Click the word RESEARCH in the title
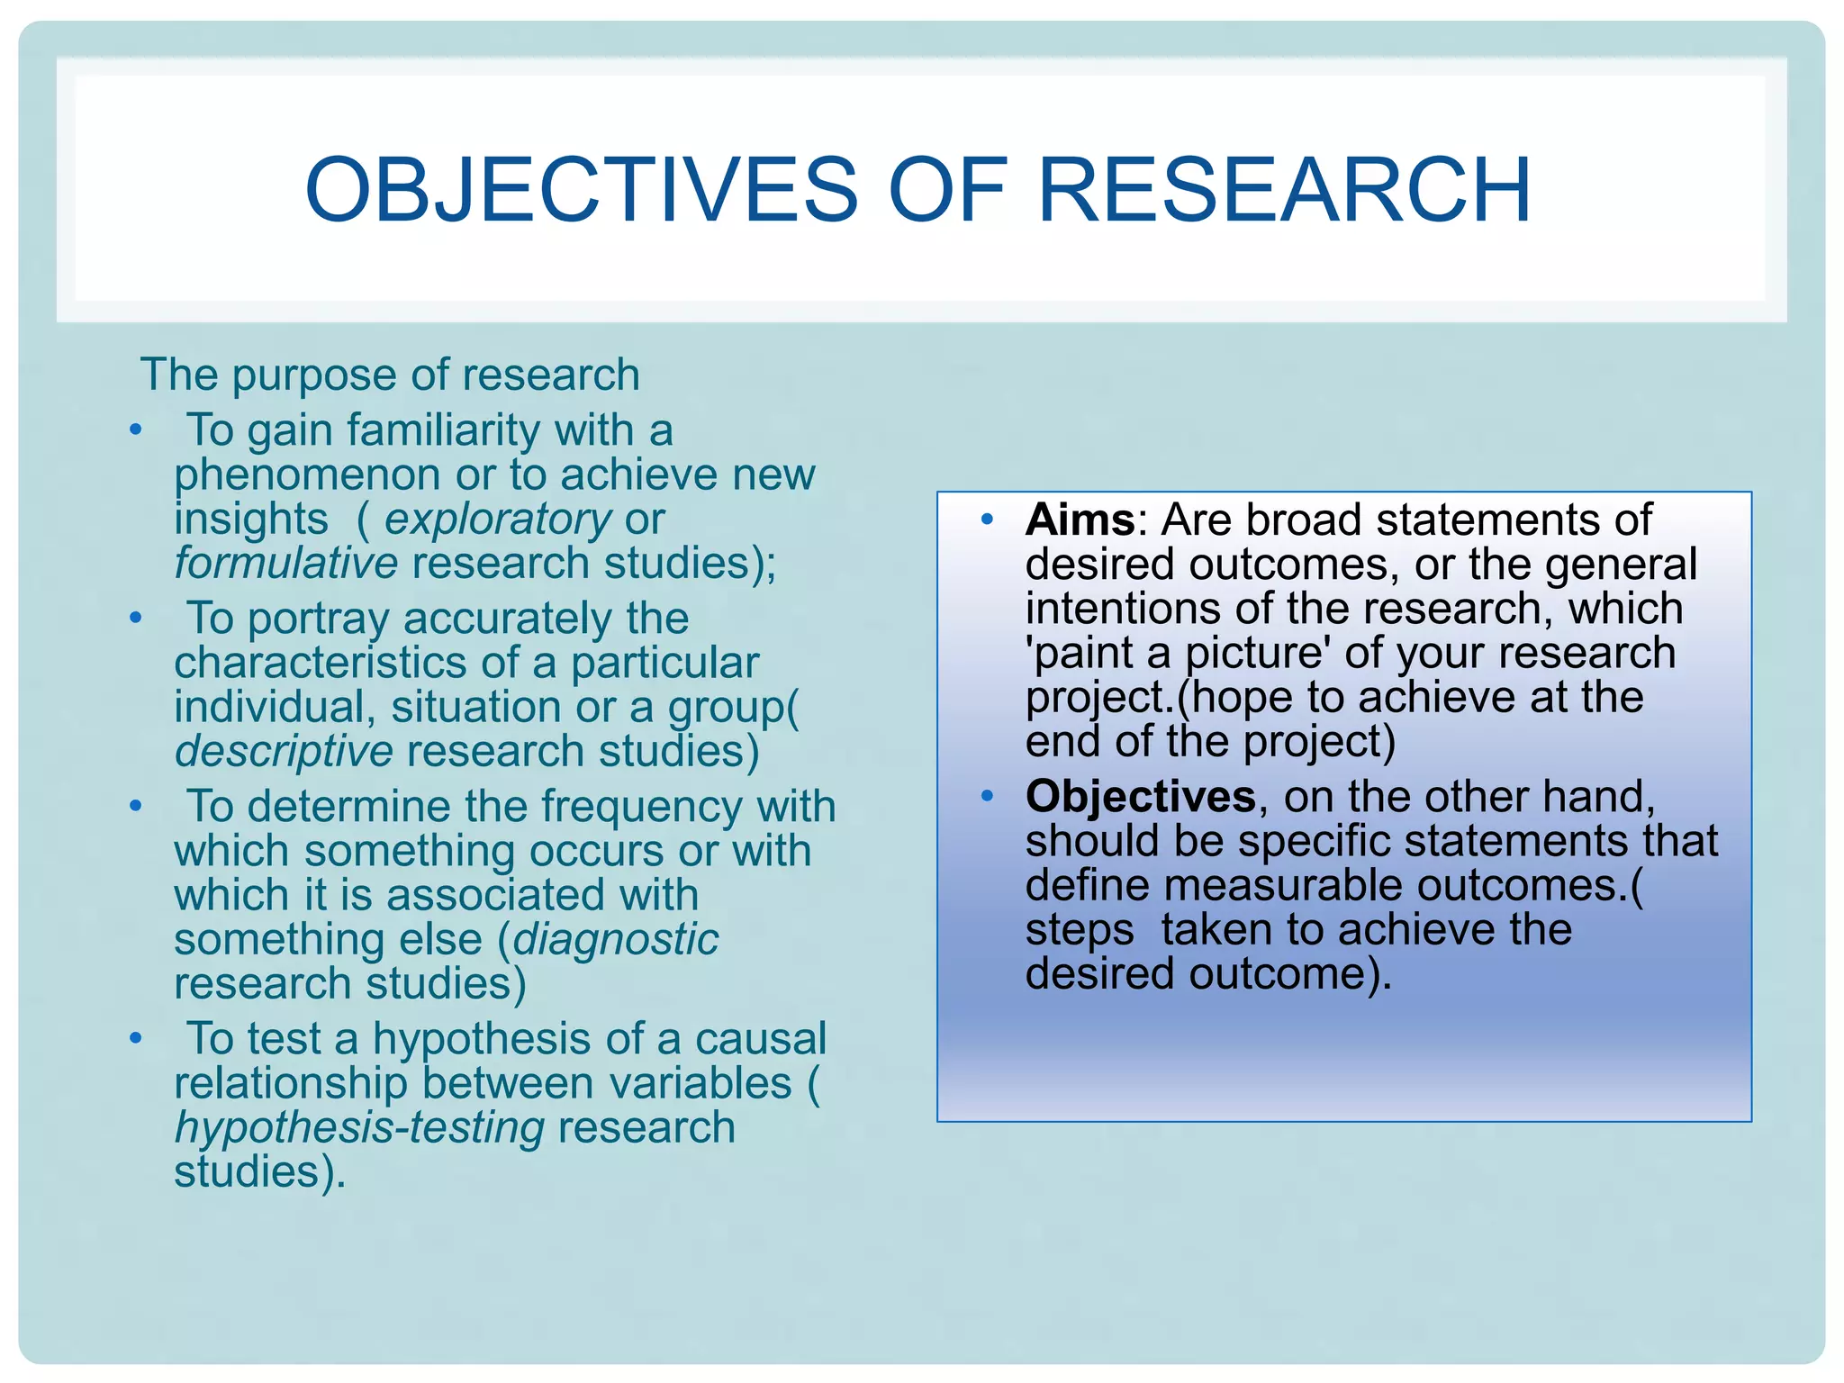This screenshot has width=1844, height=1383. click(1284, 191)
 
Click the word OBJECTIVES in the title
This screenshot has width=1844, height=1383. click(582, 191)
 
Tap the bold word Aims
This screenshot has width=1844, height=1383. click(1080, 520)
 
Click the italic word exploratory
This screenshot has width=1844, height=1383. click(498, 520)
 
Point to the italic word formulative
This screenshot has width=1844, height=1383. click(285, 565)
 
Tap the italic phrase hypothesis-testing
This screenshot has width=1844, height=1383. click(359, 1129)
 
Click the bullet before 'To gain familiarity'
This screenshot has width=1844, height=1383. click(136, 429)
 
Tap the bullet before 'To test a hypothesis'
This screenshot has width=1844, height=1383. click(136, 1038)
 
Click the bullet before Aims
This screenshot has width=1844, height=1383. click(987, 520)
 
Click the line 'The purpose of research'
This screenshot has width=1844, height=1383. click(389, 375)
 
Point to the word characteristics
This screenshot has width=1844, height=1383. click(320, 664)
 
